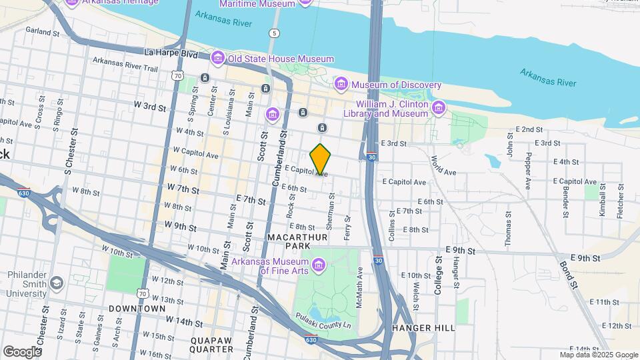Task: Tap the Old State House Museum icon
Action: [x=217, y=59]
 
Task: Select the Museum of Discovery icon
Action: [x=341, y=85]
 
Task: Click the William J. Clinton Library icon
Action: [x=439, y=108]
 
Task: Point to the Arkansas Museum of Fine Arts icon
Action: [x=318, y=265]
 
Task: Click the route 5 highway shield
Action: [x=274, y=33]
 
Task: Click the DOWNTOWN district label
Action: [x=137, y=309]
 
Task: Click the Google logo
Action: [x=23, y=351]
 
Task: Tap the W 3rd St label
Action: [x=149, y=105]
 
